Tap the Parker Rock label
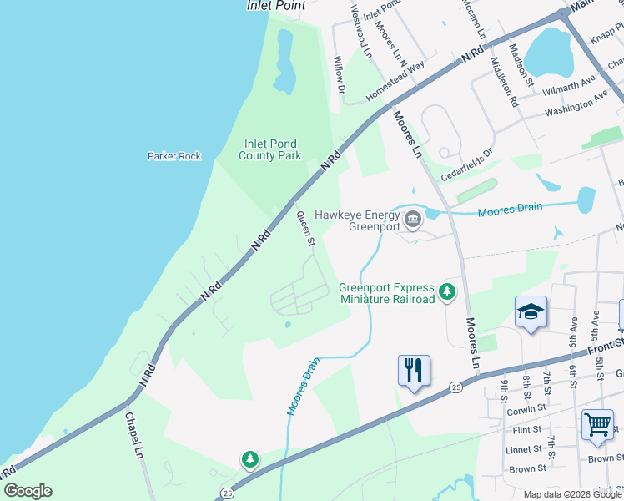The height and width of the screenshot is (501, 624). tap(174, 156)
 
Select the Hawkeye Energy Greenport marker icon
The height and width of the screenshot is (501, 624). tap(412, 220)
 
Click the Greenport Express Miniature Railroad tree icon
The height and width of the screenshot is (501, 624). tap(449, 291)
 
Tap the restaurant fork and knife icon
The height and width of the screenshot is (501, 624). tap(414, 369)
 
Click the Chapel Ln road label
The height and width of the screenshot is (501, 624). tap(134, 435)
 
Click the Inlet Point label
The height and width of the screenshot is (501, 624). tap(276, 5)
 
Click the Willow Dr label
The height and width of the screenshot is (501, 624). tap(340, 74)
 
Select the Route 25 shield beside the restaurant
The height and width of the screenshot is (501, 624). tap(455, 387)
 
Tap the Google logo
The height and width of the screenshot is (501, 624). tap(28, 491)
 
